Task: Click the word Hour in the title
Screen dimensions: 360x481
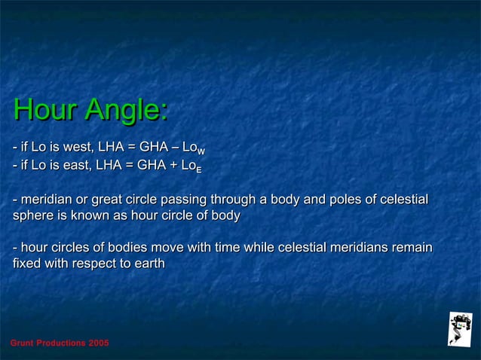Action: [x=46, y=111]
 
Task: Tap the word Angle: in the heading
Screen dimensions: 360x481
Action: [x=126, y=111]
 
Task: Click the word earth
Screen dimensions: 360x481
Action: [x=148, y=264]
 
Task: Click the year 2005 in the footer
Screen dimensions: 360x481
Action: [x=98, y=343]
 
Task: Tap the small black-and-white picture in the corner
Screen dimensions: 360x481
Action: [x=458, y=328]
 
